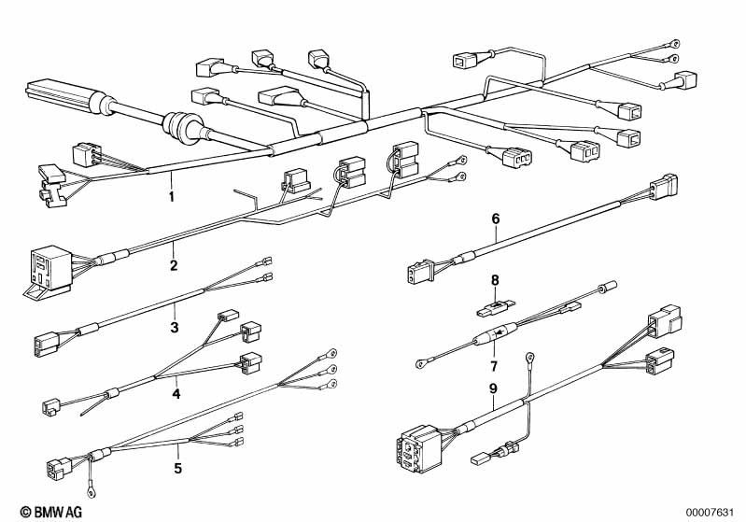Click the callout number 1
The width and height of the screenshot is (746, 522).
(x=171, y=197)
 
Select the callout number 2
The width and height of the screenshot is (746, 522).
(x=174, y=265)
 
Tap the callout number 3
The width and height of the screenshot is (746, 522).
(x=174, y=328)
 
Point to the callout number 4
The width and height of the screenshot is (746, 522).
(x=176, y=393)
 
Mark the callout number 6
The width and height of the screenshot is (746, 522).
(x=496, y=219)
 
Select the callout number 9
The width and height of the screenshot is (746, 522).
(x=493, y=388)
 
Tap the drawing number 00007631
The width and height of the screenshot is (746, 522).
(x=711, y=511)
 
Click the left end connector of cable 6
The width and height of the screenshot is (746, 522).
(x=417, y=273)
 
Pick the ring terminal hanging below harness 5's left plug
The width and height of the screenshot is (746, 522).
(x=91, y=487)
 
